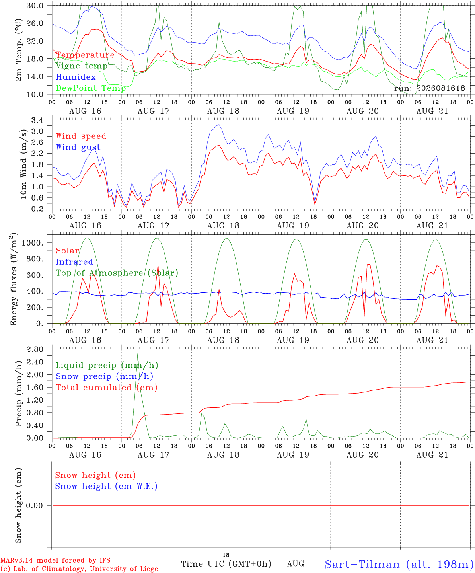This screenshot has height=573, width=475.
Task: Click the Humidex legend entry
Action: point(76,77)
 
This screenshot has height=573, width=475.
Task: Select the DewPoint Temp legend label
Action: point(91,88)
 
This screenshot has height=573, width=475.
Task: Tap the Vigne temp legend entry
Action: point(82,66)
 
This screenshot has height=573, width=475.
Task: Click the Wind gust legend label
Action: point(78,147)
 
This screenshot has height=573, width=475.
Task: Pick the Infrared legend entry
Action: point(74,262)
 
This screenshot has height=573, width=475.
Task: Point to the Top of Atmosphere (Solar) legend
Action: point(117,273)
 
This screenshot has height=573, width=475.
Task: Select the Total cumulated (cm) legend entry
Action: point(107,387)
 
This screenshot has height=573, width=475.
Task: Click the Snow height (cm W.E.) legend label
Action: point(106,486)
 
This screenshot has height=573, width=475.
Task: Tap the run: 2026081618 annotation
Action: point(429,88)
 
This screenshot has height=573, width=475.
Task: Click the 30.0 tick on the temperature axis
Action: point(35,6)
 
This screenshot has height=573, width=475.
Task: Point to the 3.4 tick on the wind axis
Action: point(37,120)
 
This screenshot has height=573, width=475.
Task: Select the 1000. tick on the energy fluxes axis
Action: point(32,243)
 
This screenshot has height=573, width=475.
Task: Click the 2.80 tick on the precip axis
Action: point(35,349)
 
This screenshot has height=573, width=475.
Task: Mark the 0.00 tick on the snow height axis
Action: point(35,505)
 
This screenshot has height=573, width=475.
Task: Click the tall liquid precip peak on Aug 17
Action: point(138,353)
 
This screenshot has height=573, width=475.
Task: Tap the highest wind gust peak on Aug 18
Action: point(219,125)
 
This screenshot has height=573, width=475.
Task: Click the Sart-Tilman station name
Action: point(362,565)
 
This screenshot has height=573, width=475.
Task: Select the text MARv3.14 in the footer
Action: point(17,561)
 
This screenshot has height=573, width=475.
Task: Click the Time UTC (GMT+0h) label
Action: point(226,564)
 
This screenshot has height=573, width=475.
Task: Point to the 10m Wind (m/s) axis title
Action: point(23,164)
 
